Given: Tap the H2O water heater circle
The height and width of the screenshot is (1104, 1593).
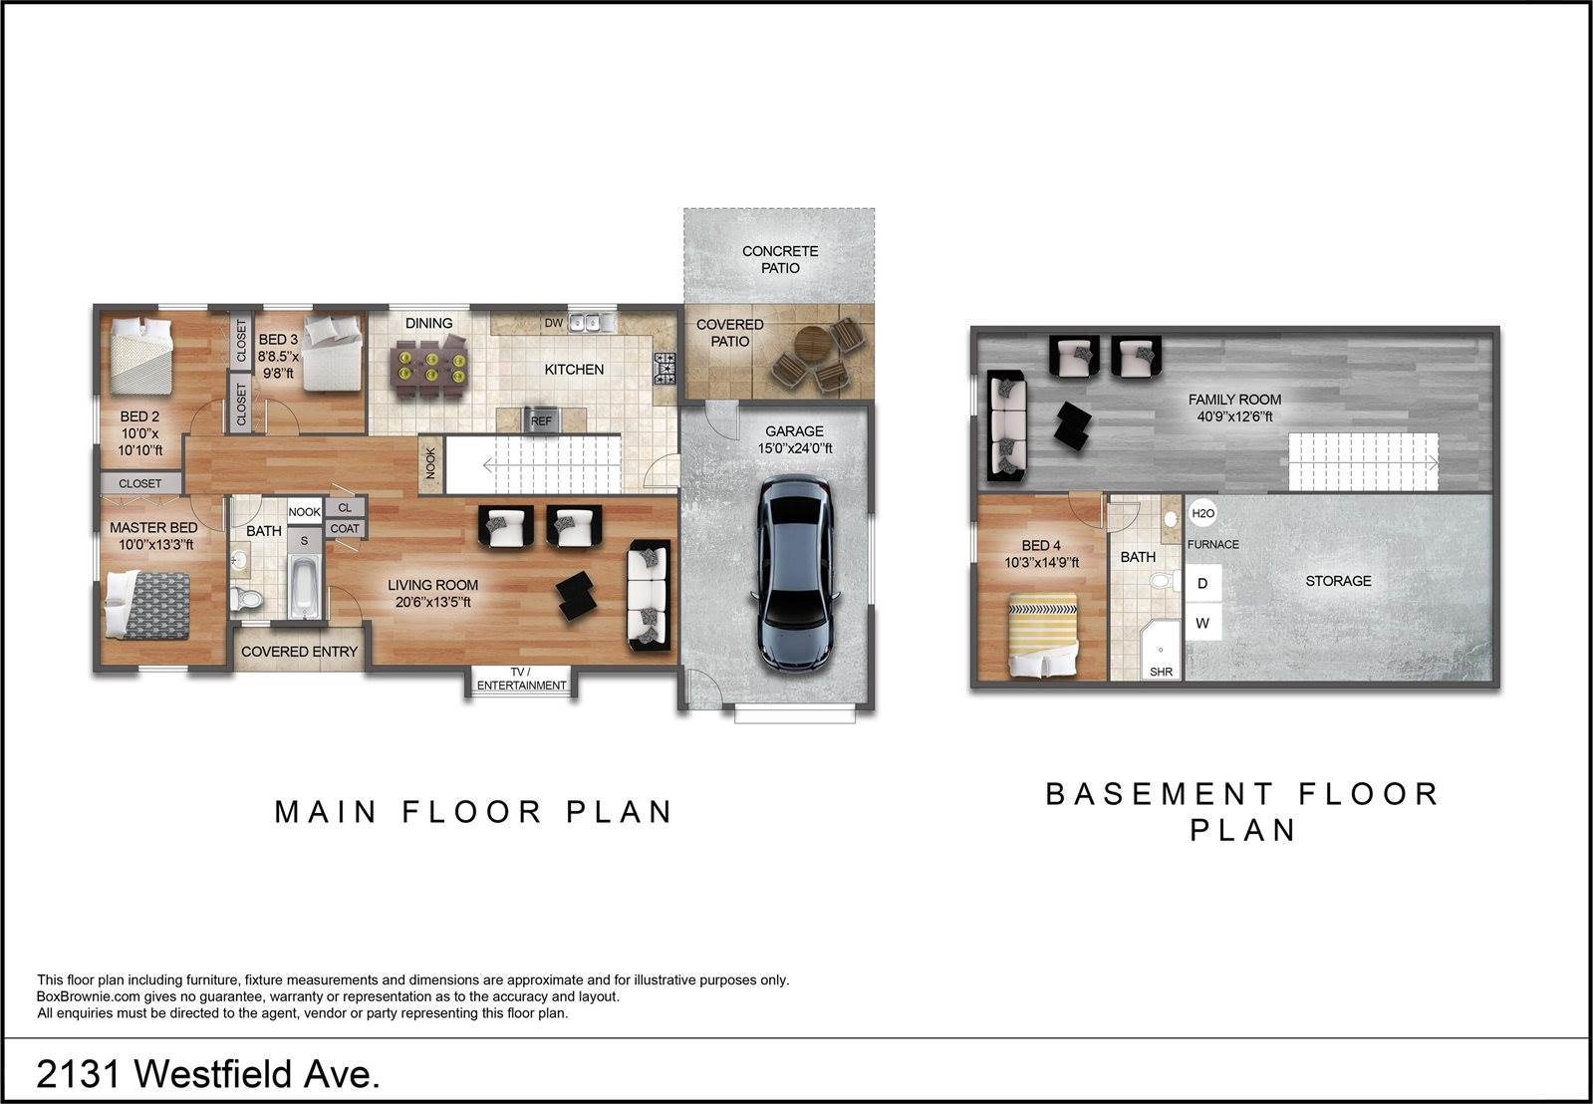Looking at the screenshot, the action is click(1202, 513).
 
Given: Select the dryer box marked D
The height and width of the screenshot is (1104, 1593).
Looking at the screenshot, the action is click(1202, 583).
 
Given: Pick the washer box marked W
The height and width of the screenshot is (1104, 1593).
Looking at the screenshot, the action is click(1202, 623).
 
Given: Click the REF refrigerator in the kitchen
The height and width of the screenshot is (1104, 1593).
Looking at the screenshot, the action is click(541, 419).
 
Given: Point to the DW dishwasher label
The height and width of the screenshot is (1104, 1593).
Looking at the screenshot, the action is click(553, 323).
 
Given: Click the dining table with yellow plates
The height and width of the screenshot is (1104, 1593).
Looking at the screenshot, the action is click(431, 366).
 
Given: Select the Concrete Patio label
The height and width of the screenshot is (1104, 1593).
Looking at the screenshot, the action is click(780, 260).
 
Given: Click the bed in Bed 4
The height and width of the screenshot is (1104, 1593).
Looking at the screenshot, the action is click(1042, 635).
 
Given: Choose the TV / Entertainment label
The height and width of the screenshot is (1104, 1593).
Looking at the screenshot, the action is click(521, 679).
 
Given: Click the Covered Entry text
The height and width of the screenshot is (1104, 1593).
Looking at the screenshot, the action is click(299, 652).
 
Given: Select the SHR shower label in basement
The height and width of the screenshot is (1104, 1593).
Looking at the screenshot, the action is click(1161, 672).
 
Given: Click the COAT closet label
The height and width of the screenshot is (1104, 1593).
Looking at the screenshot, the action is click(345, 528).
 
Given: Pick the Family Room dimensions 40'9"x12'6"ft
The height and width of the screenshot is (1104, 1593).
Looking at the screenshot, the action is click(1234, 416).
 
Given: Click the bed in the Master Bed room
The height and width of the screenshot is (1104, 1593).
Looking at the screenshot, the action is click(147, 606).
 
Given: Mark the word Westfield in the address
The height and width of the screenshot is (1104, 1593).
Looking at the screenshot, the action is click(214, 1073).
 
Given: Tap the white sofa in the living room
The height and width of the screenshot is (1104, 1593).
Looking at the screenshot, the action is click(649, 595).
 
